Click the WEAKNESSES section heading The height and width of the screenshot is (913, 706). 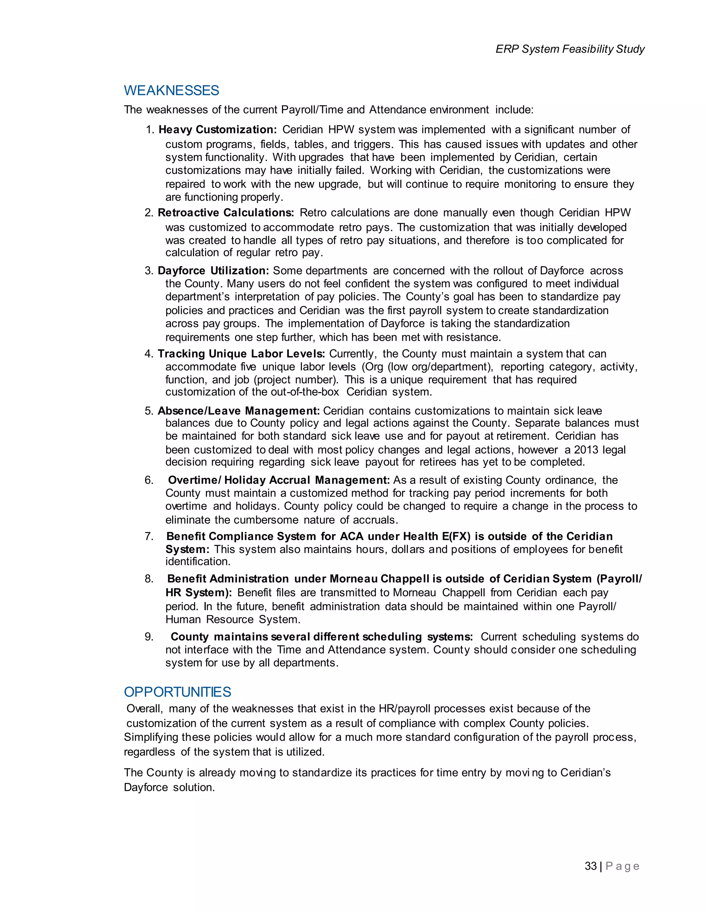pyautogui.click(x=171, y=91)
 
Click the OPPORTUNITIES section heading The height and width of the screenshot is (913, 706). pyautogui.click(x=177, y=692)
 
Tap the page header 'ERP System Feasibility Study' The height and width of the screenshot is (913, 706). pyautogui.click(x=569, y=49)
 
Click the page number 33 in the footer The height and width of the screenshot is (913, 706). pyautogui.click(x=591, y=866)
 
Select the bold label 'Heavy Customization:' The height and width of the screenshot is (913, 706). pyautogui.click(x=218, y=130)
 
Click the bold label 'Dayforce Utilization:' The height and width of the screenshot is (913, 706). pyautogui.click(x=213, y=270)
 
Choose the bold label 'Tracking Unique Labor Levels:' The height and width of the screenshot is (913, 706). pyautogui.click(x=241, y=354)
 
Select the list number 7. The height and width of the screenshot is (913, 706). pyautogui.click(x=149, y=536)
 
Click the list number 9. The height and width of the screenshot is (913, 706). pyautogui.click(x=149, y=637)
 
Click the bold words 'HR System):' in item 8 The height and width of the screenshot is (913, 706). pyautogui.click(x=199, y=593)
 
